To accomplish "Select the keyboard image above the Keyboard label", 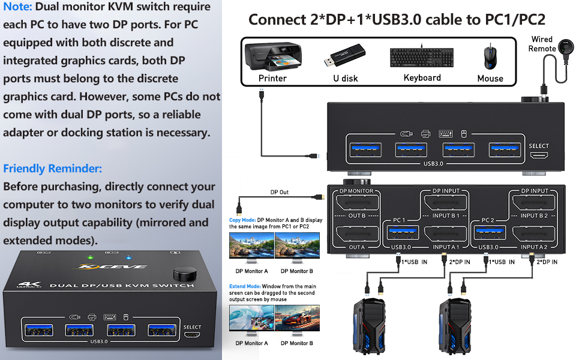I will coord(422,58).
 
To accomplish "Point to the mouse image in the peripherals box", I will coord(490,57).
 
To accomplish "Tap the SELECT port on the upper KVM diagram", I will coord(539,156).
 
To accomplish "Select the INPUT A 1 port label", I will coord(446,247).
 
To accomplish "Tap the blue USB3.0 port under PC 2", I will coord(488,233).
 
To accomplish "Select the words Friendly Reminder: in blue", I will coord(52,169).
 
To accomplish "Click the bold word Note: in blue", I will coord(18,7).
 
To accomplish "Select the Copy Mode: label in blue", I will coord(242,220).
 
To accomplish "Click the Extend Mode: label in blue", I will coord(244,287).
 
